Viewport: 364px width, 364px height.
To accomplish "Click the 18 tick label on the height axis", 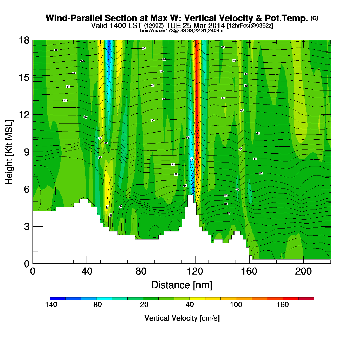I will [x=24, y=40].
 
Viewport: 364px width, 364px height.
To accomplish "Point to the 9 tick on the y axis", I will [x=27, y=152].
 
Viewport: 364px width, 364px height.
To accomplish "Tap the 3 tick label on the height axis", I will [x=27, y=227].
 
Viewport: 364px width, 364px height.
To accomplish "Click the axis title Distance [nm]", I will [x=182, y=285].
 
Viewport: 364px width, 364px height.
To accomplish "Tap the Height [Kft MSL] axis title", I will [x=9, y=152].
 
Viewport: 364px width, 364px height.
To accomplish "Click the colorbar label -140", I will [x=50, y=305].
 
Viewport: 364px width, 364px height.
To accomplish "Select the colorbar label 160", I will [x=283, y=305].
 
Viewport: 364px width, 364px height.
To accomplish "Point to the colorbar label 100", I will [x=236, y=305].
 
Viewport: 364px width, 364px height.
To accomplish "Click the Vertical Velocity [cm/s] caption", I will [x=182, y=318].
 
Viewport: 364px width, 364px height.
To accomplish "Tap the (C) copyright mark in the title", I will [x=314, y=18].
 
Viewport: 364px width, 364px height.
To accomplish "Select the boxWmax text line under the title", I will [x=182, y=31].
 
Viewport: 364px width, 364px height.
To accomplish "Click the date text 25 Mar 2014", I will [x=204, y=25].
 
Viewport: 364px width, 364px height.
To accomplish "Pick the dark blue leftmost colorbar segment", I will [x=57, y=299].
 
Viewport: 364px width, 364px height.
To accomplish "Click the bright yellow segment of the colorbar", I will [x=197, y=299].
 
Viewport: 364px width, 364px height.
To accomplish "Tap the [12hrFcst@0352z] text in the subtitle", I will [x=250, y=26].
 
